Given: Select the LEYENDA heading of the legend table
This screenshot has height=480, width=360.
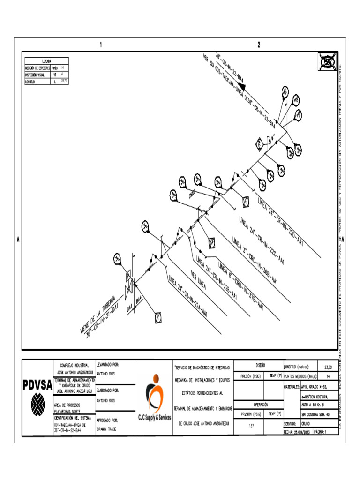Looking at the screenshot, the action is click(x=47, y=61).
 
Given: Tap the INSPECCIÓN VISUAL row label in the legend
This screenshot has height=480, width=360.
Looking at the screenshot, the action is click(x=36, y=75).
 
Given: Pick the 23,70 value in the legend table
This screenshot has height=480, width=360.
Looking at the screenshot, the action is click(x=65, y=81).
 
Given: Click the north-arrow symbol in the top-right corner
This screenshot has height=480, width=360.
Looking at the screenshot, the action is click(x=327, y=61).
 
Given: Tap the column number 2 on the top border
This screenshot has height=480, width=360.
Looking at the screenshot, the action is click(x=259, y=45).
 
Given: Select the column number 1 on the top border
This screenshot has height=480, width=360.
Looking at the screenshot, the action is click(x=100, y=45).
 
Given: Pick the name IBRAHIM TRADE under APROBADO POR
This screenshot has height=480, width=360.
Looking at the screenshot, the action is click(x=107, y=429).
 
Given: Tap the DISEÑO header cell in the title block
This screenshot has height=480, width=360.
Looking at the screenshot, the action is click(x=260, y=364).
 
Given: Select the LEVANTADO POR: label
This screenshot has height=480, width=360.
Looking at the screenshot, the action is click(x=107, y=364).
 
